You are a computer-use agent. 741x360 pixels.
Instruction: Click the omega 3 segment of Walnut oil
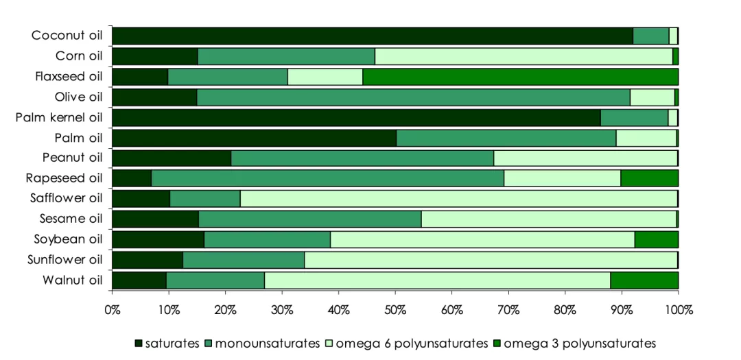[644, 280]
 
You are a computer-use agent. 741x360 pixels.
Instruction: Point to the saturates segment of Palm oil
[254, 138]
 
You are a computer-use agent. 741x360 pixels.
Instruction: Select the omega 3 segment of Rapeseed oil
[649, 178]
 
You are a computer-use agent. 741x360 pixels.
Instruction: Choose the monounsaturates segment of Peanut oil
[362, 158]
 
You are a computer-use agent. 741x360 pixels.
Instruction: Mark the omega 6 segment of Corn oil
[524, 56]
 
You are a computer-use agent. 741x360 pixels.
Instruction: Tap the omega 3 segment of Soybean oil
[656, 239]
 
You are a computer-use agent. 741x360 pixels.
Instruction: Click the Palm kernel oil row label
[58, 117]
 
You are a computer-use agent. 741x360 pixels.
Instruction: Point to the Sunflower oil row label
[64, 260]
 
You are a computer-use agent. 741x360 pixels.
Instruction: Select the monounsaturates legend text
[268, 343]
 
